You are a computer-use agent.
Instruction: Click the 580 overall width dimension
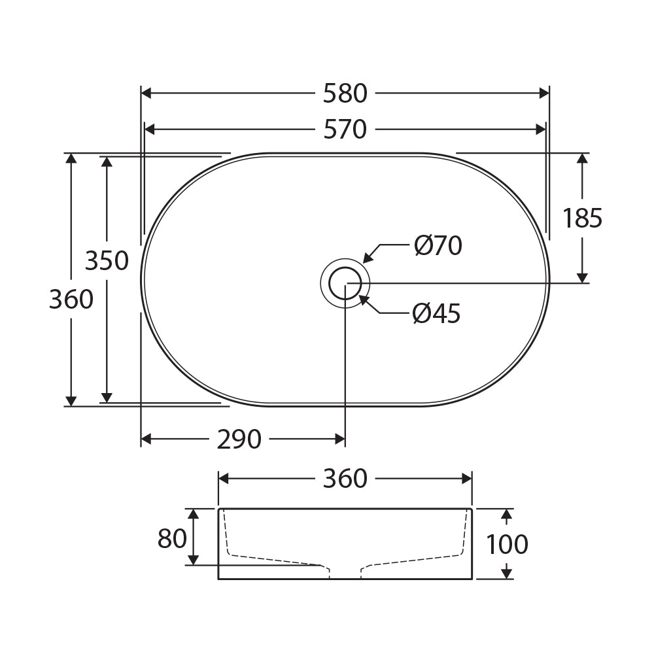pos(345,94)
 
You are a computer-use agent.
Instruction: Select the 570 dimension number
pos(345,129)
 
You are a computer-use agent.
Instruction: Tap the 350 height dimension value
pos(107,261)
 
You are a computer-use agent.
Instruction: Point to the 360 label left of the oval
pos(71,300)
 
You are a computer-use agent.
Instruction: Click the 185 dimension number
pos(582,218)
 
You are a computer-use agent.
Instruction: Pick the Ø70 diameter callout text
pos(438,246)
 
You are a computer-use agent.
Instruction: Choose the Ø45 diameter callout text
pos(437,313)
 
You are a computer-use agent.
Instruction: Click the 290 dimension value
pos(239,439)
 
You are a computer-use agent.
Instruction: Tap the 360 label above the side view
pos(345,479)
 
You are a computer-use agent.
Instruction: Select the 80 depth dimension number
pos(172,538)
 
